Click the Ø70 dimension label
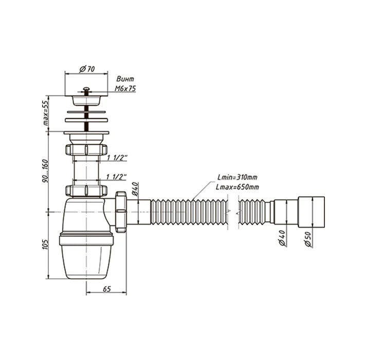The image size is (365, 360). pos(87,69)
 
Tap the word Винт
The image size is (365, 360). pos(125,79)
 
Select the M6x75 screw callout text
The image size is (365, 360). pos(125,89)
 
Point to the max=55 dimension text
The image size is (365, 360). pos(46,113)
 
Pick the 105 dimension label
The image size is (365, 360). pos(45,244)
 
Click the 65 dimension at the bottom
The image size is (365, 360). pos(106,289)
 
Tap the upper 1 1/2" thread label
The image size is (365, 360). pos(117,158)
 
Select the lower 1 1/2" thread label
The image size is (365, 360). pos(116,177)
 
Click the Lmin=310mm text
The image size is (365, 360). pos(237,178)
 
